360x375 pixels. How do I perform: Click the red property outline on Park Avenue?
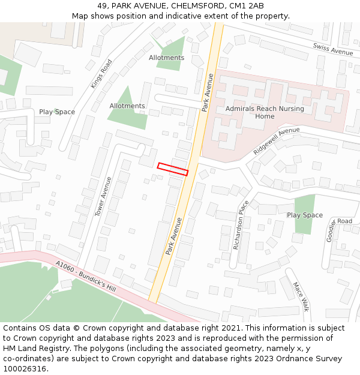click(x=173, y=169)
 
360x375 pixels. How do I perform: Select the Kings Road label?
click(x=101, y=74)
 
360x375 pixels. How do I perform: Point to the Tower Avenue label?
click(x=104, y=196)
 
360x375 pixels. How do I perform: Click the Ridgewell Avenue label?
click(x=276, y=140)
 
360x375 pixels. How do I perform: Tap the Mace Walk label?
click(x=300, y=297)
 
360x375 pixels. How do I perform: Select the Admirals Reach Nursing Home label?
click(x=265, y=112)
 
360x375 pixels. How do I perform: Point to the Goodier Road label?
click(x=337, y=227)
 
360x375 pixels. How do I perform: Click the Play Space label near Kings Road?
click(x=57, y=112)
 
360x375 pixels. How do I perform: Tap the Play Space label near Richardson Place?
click(x=304, y=215)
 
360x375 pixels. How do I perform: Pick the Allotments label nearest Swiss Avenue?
click(x=166, y=58)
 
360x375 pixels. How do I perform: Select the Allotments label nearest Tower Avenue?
click(x=127, y=106)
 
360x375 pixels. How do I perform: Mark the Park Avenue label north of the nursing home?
click(x=208, y=93)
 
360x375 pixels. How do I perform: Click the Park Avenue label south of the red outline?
click(x=173, y=236)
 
